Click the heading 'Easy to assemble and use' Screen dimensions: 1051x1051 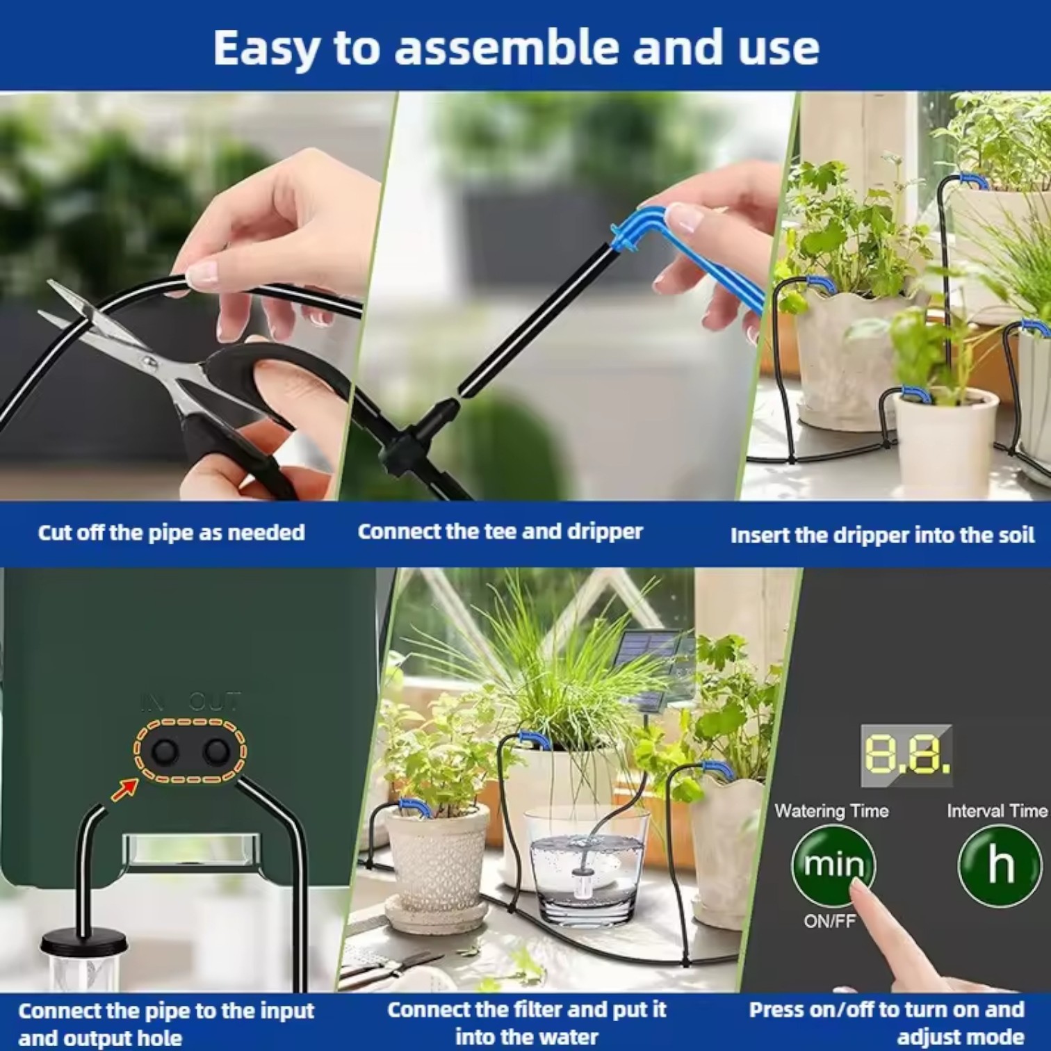tap(516, 47)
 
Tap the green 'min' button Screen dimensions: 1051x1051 tap(833, 864)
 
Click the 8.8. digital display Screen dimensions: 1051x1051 tap(906, 756)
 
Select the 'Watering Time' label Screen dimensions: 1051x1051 tap(831, 810)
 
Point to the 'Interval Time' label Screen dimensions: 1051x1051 tap(996, 810)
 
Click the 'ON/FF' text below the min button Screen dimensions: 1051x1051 tap(829, 921)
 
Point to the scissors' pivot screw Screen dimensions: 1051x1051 tap(148, 361)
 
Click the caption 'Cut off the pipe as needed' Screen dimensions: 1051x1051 tap(171, 532)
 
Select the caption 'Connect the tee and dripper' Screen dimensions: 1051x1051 tap(500, 532)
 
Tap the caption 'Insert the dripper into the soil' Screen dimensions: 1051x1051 tap(882, 535)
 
